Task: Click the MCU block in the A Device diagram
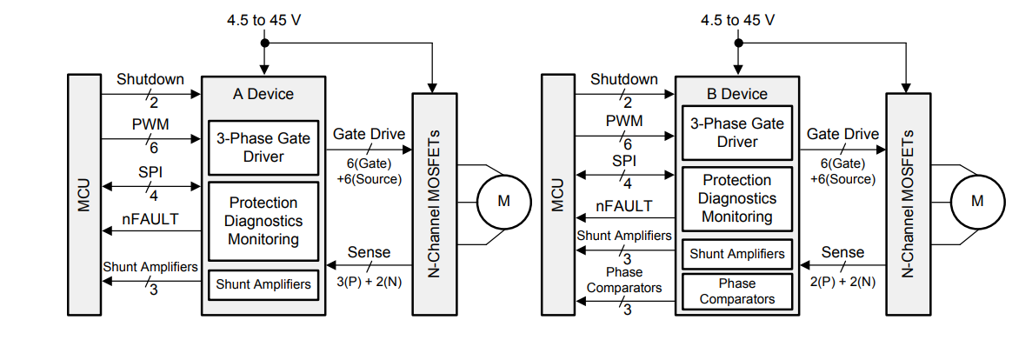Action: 83,194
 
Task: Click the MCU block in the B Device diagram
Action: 557,194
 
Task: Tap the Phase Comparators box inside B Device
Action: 736,291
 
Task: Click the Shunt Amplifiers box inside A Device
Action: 263,283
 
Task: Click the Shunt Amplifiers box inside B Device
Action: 736,255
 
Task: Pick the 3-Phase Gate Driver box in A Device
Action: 263,147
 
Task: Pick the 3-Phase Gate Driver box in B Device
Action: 736,132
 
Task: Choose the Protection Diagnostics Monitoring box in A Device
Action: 263,221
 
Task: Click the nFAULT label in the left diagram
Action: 150,219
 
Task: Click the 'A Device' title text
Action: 263,94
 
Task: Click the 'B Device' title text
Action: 736,94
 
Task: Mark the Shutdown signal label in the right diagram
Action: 624,80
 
